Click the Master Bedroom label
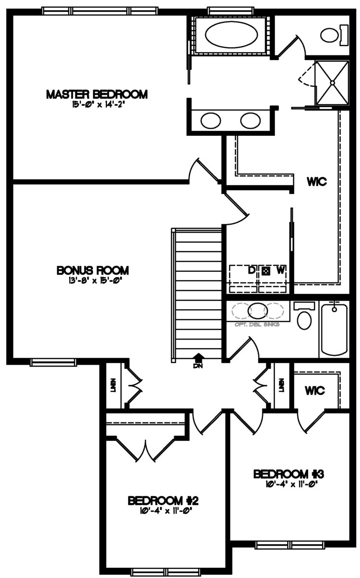(96, 94)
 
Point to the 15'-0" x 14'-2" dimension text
(96, 104)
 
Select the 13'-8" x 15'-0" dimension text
(92, 279)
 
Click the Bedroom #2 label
(163, 501)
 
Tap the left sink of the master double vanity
(210, 120)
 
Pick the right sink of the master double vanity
(250, 120)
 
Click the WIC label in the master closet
(317, 182)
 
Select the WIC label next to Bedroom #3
(315, 390)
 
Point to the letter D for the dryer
(251, 270)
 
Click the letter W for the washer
(280, 270)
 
